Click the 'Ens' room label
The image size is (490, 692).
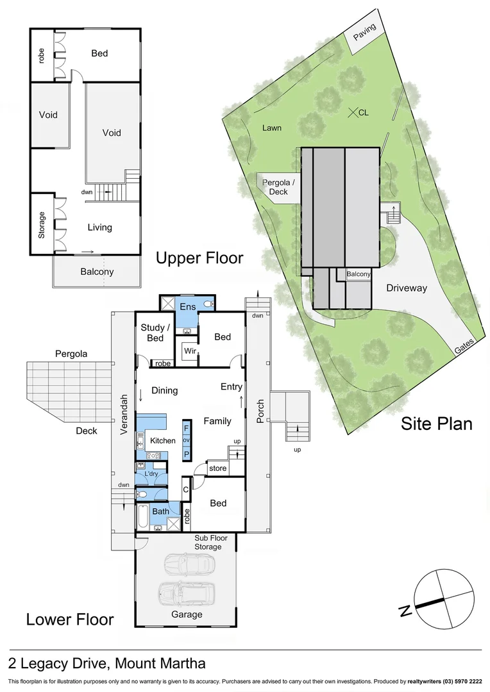pos(187,307)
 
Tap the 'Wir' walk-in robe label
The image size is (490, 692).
pos(190,351)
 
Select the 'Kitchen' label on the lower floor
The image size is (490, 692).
pos(162,441)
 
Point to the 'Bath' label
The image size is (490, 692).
pos(160,511)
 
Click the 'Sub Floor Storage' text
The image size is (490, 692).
pos(208,542)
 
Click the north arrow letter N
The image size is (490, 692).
pos(405,611)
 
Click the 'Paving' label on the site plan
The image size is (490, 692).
pos(365,31)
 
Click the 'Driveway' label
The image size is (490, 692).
pos(406,288)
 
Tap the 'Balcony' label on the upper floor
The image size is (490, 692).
pos(97,272)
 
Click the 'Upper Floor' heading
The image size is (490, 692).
pos(199,258)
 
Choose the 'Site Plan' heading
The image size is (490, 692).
pos(436,424)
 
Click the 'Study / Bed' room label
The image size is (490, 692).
pos(151,333)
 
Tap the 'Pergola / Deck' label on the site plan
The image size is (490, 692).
pos(279,187)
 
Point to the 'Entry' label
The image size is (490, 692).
pos(232,386)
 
